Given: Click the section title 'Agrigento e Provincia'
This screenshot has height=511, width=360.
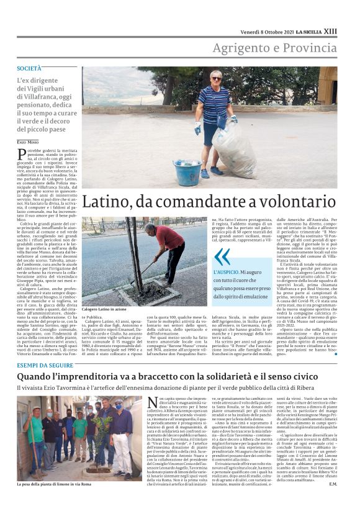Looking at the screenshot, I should (275, 48).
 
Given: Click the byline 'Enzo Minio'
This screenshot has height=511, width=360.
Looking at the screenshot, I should (28, 143).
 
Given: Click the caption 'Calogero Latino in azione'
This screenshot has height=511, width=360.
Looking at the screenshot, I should (108, 308).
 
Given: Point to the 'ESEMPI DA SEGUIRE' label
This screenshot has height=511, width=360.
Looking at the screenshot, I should (45, 365).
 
